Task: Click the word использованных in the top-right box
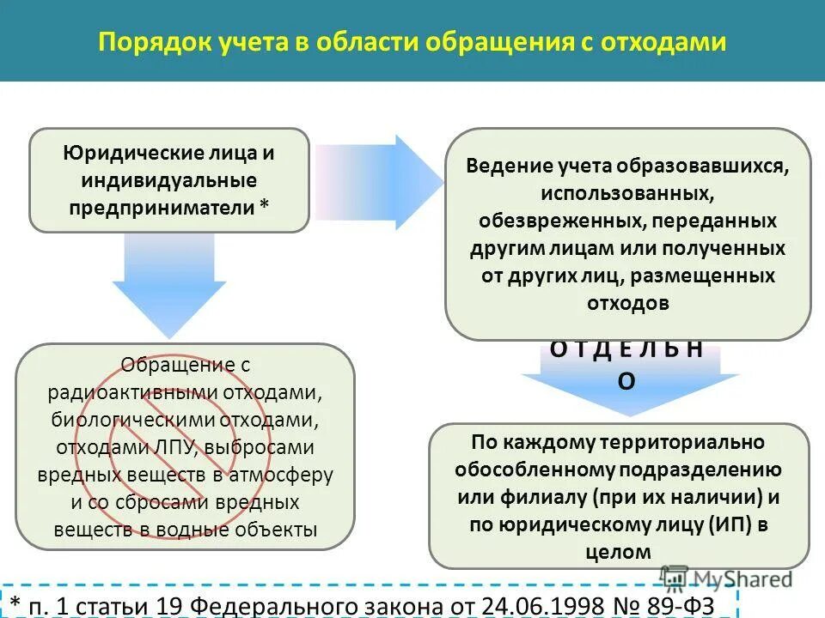[x=626, y=193]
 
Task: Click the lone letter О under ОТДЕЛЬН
[x=627, y=383]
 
